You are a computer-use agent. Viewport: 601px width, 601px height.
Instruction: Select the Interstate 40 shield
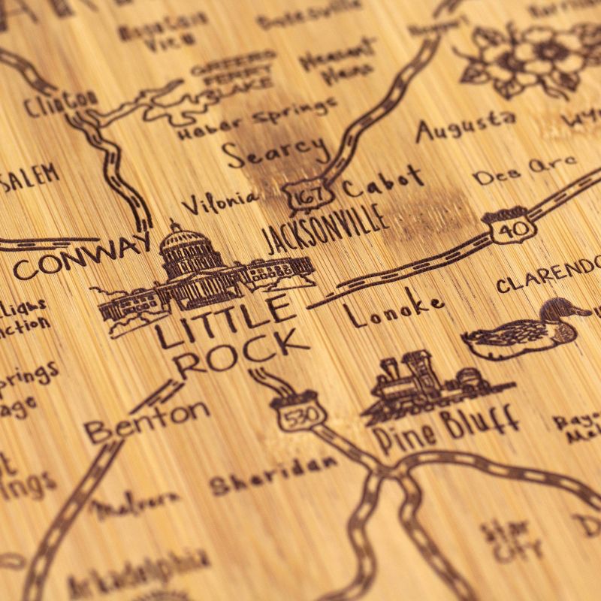coord(510,224)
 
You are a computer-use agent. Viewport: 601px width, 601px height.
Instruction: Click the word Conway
coord(83,255)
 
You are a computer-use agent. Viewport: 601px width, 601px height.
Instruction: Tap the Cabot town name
coord(383,180)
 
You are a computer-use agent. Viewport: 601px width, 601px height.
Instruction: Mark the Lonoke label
coord(394,308)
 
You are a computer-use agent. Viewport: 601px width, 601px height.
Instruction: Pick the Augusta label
coord(466,126)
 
